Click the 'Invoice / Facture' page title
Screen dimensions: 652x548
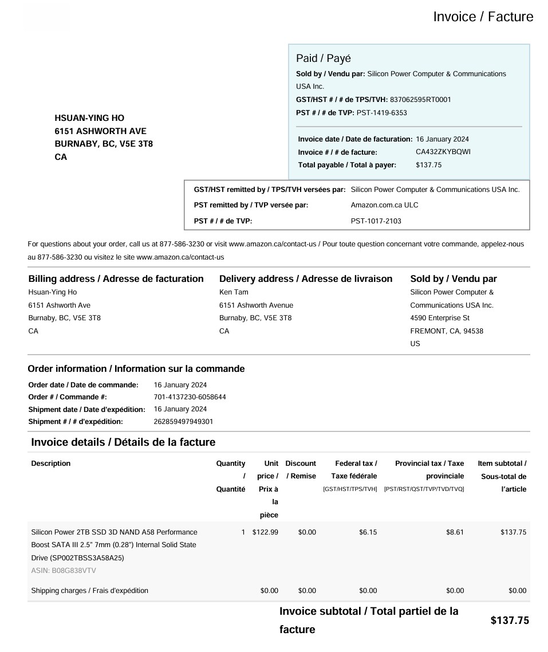(483, 17)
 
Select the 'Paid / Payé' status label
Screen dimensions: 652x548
(323, 58)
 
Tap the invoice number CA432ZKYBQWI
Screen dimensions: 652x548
(443, 152)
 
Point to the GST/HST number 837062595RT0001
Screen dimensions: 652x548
(420, 100)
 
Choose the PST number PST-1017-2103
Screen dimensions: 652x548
(376, 221)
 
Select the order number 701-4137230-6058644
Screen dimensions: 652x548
(190, 397)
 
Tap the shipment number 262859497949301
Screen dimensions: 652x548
(183, 422)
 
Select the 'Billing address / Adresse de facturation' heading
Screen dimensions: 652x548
(116, 279)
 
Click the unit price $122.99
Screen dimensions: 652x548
(265, 532)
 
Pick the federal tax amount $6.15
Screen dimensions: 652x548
(368, 532)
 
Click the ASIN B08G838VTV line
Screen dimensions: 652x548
(64, 571)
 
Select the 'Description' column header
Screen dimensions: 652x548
(51, 464)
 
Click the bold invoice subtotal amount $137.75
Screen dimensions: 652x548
(510, 620)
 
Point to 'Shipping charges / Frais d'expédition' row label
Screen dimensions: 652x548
(89, 591)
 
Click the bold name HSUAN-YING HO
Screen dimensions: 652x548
(89, 118)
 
